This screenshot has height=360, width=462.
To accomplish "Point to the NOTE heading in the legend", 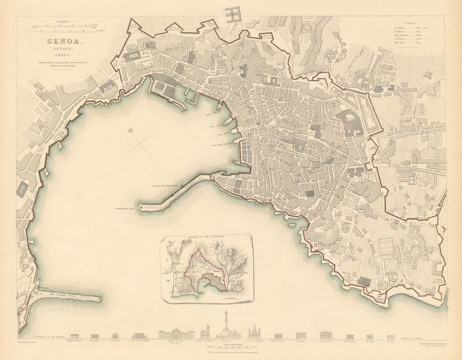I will tap(409, 22).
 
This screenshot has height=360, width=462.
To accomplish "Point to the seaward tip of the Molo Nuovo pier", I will tap(100, 299).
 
